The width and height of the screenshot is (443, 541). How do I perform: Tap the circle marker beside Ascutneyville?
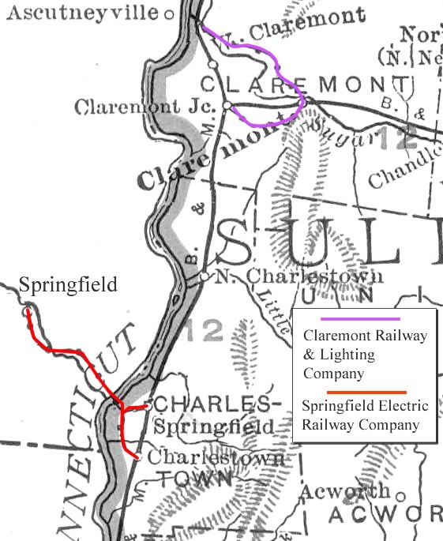coord(168,13)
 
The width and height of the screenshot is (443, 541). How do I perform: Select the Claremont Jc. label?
coord(147,107)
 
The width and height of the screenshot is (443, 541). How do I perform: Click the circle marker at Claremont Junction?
coord(226,105)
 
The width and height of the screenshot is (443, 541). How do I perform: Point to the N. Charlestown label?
coord(298,276)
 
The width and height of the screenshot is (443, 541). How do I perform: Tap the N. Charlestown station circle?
coord(204,277)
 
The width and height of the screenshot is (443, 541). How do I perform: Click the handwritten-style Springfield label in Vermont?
coord(69,284)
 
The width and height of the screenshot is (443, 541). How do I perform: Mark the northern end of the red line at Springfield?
coord(27,310)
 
